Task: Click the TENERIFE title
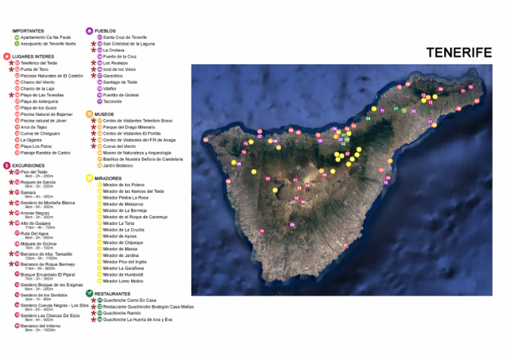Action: point(459,52)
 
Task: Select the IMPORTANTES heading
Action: point(28,31)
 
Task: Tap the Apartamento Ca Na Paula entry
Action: point(45,38)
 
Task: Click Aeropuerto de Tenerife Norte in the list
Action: point(48,44)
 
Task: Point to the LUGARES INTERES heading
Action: point(33,57)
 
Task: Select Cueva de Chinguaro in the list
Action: point(40,133)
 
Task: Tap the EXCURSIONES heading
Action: point(28,166)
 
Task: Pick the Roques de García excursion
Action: point(38,182)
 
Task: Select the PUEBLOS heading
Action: point(105,31)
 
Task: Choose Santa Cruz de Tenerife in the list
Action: point(125,38)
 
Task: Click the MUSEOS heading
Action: point(104,114)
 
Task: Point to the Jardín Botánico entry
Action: point(117,165)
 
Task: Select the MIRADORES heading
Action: point(108,178)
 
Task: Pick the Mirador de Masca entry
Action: point(121,249)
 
